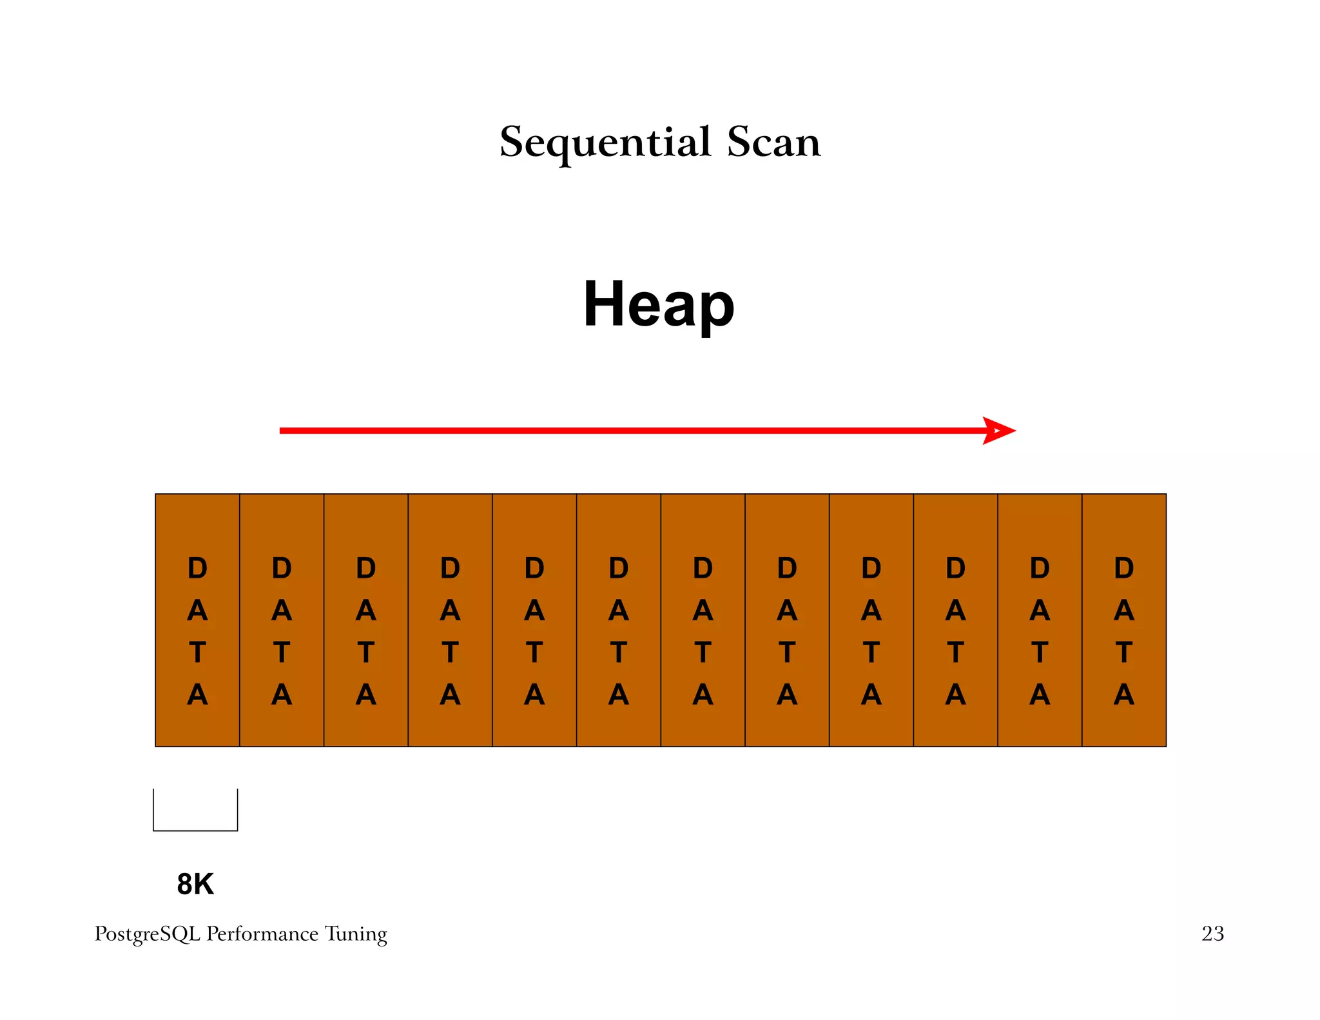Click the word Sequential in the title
click(x=605, y=142)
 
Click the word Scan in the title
click(x=773, y=142)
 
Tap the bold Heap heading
click(x=659, y=304)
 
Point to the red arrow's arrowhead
click(x=999, y=431)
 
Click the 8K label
click(x=195, y=884)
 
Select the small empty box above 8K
click(x=195, y=810)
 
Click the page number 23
click(x=1212, y=934)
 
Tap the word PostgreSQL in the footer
click(x=148, y=934)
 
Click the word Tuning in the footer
click(x=356, y=934)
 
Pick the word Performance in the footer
click(x=262, y=934)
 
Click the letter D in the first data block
click(x=197, y=568)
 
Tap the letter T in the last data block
click(x=1124, y=652)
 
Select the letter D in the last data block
click(x=1124, y=568)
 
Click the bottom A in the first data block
click(x=197, y=695)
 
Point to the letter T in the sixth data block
click(x=619, y=652)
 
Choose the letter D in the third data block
click(x=366, y=568)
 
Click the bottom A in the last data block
click(x=1124, y=695)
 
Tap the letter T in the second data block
click(x=282, y=652)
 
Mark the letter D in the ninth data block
click(x=871, y=568)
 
